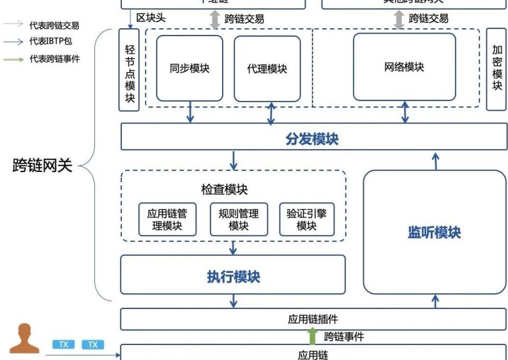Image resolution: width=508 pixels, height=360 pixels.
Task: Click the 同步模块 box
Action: point(190,68)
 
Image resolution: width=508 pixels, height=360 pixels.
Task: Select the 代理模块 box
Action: point(267,69)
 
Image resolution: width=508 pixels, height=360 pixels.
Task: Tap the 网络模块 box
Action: point(404,67)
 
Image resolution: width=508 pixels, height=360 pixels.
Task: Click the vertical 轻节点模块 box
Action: point(129,70)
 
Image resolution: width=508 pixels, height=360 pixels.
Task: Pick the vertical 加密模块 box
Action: point(497,69)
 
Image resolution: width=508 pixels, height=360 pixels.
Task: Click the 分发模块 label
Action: point(312,139)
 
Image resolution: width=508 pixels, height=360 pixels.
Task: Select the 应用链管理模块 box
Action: point(167,219)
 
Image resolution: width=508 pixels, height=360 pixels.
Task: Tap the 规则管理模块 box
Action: point(239,219)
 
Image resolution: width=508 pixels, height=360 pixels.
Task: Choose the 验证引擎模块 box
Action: point(307,219)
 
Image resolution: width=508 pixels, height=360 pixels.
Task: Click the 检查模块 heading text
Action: point(224,189)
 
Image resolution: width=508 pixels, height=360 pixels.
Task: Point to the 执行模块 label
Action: point(234,277)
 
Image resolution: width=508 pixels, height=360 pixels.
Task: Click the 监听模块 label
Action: point(434,233)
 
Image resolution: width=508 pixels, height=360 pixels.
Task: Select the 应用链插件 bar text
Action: point(313,319)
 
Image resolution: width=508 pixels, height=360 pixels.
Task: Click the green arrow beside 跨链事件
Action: point(312,336)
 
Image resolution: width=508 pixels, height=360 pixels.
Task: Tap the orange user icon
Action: point(25,338)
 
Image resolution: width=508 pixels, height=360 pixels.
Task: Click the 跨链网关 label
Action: point(42,165)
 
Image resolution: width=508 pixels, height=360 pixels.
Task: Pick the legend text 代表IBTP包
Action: point(51,41)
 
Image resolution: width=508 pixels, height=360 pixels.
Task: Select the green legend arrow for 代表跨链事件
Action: point(14,59)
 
